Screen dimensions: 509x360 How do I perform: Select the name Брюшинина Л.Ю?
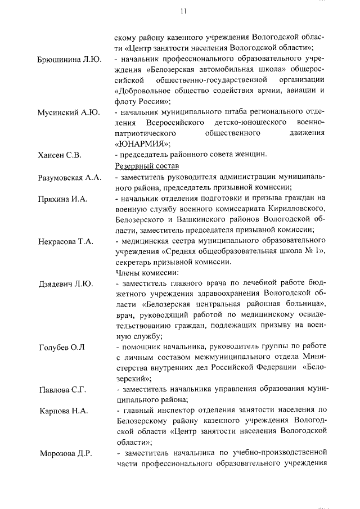pos(69,60)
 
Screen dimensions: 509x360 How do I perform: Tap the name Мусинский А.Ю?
pos(68,112)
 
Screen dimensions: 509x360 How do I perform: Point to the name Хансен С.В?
pos(59,155)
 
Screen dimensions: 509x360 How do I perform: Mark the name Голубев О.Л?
pos(61,346)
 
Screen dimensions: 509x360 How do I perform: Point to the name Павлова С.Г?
pos(61,389)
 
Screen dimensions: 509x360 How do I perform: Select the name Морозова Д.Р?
pos(65,453)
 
